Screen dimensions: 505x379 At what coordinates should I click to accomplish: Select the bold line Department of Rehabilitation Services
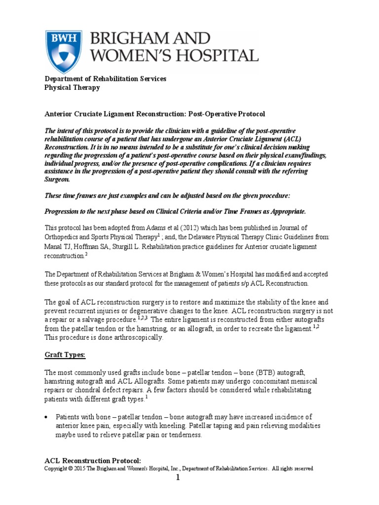pos(106,79)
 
